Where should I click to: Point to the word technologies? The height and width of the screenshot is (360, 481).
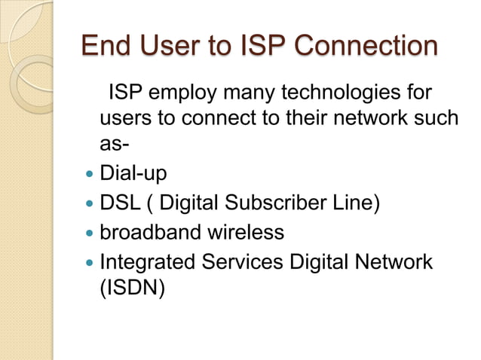coord(348,96)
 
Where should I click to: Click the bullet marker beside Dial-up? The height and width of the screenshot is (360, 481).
coord(90,174)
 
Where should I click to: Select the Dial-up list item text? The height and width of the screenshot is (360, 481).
coord(133,174)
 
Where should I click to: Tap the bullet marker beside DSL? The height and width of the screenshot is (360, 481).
coord(90,203)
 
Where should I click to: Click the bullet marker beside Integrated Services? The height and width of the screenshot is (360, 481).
coord(90,262)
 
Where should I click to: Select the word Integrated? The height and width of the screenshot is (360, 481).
coord(148,262)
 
